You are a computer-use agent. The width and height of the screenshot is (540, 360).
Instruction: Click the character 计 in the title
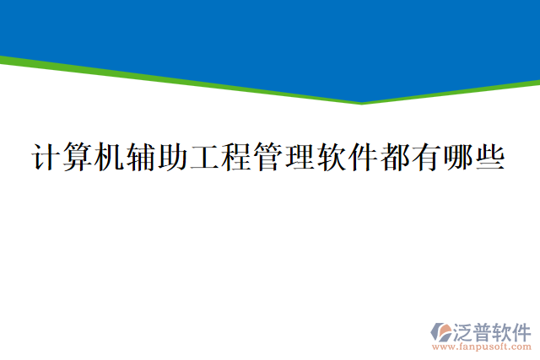coord(45,158)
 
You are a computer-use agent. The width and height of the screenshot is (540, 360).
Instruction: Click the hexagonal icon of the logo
coord(440,330)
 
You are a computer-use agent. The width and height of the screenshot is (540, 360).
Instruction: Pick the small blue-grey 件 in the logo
coord(521,330)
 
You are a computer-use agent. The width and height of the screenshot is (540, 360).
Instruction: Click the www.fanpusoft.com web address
coord(481,346)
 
